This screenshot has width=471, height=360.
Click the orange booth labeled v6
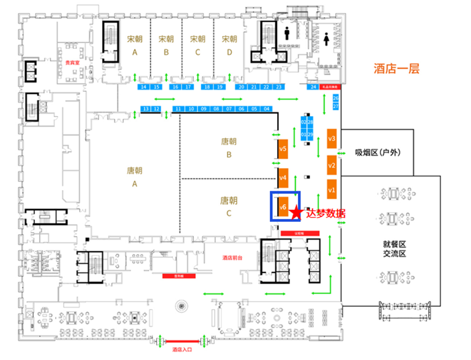tap(283, 207)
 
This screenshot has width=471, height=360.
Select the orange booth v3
tap(332, 139)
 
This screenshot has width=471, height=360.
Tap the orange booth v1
tap(332, 191)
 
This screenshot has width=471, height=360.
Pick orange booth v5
tap(283, 149)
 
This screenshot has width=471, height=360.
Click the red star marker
tap(297, 213)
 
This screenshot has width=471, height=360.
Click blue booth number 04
tap(266, 109)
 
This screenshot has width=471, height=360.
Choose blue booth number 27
tap(335, 106)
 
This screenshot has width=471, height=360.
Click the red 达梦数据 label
tap(325, 213)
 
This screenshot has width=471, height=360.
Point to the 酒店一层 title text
tap(396, 68)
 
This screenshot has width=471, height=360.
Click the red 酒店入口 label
tap(182, 350)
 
